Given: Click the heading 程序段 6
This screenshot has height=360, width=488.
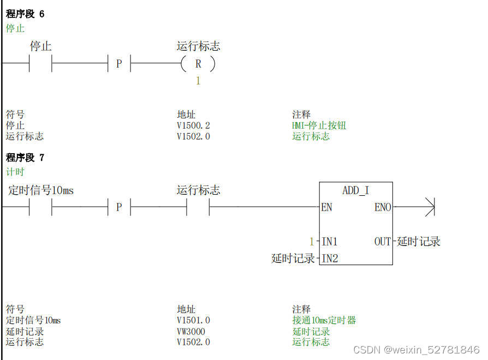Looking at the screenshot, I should pos(25,14).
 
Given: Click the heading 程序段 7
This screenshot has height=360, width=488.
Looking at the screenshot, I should pos(25,158).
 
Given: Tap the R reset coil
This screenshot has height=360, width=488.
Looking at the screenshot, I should pos(198,64).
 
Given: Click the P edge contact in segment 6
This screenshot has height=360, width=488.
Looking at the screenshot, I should pos(119,64).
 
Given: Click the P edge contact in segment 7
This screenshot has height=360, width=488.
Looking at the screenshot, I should pos(119,207).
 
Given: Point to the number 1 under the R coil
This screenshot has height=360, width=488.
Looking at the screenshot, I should pos(198,81).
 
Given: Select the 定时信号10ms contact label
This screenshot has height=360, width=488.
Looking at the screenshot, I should pos(41,190).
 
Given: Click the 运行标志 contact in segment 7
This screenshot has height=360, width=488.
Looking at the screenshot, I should pos(198,207).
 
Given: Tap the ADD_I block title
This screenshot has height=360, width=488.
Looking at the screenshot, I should pos(355,190).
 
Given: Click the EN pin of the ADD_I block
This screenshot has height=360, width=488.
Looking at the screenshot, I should pos(327,207).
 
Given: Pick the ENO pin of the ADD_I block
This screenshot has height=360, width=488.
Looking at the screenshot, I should pos(383,207).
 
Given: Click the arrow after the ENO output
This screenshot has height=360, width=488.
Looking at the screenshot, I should pos(429,207).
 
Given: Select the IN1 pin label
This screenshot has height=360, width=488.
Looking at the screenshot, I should pos(330,242).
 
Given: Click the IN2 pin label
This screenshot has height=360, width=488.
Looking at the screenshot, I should pos(330,259).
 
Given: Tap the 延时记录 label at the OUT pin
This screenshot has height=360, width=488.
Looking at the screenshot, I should pos(419,242).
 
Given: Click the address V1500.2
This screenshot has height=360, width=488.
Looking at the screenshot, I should pos(193,125).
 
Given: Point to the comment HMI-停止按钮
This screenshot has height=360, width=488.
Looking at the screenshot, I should pos(319,125).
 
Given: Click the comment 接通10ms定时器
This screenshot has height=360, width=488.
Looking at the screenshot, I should pos(324,320).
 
